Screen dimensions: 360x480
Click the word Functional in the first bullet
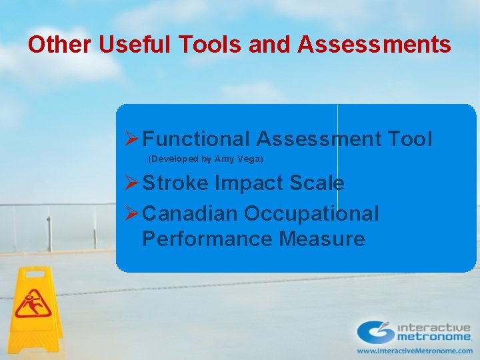click(x=196, y=139)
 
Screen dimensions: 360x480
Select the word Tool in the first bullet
click(x=409, y=139)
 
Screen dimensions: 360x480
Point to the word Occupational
click(x=311, y=214)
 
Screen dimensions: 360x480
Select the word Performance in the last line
click(x=207, y=239)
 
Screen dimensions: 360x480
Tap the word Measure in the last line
click(x=322, y=239)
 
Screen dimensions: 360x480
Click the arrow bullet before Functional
click(x=131, y=139)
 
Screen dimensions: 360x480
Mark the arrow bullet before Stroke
click(x=131, y=183)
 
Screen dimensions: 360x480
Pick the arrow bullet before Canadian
click(x=131, y=214)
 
